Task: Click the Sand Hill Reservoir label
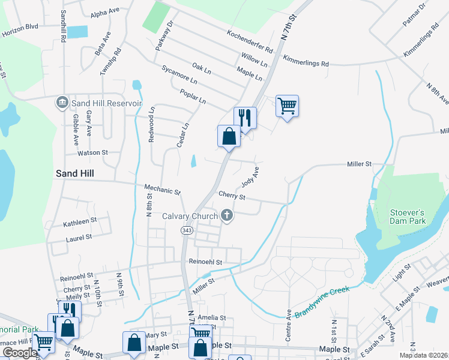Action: (106, 103)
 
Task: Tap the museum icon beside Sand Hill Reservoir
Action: (62, 103)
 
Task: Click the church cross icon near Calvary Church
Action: (227, 215)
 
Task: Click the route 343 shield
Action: (185, 230)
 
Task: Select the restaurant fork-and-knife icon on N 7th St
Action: (245, 117)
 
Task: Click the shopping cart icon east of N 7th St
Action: (288, 106)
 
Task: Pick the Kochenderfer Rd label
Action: (250, 40)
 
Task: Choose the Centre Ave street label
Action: (289, 326)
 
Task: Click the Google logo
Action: (19, 353)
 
